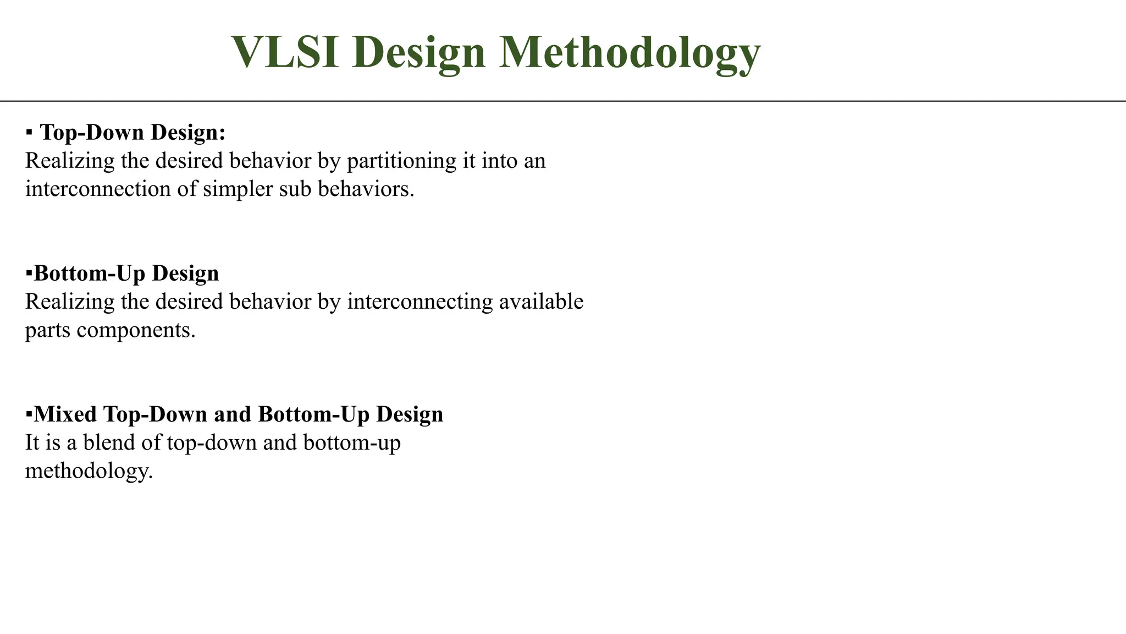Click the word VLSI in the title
click(285, 53)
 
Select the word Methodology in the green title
click(630, 54)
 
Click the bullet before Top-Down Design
click(29, 133)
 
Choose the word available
click(541, 302)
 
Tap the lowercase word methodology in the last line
click(89, 472)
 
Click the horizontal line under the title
click(563, 101)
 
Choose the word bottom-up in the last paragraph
click(352, 443)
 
